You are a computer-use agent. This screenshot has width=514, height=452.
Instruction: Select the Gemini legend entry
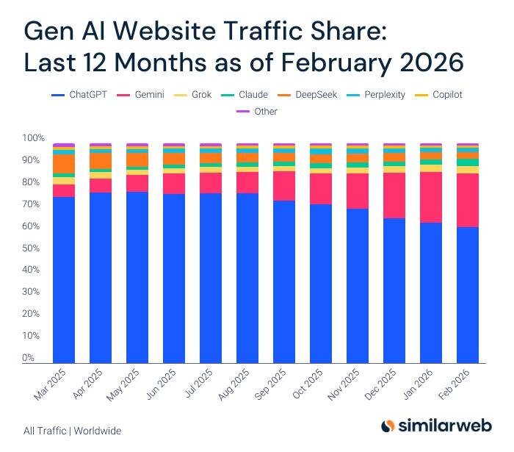[144, 95]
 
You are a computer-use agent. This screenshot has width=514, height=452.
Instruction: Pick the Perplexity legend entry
[380, 95]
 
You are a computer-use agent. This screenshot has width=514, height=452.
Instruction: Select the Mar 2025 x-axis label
[50, 385]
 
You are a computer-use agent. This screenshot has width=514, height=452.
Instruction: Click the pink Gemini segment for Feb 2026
[467, 200]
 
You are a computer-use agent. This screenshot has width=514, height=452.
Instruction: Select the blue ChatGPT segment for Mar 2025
[64, 279]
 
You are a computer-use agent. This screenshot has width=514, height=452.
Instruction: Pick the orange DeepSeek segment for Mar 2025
[64, 163]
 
